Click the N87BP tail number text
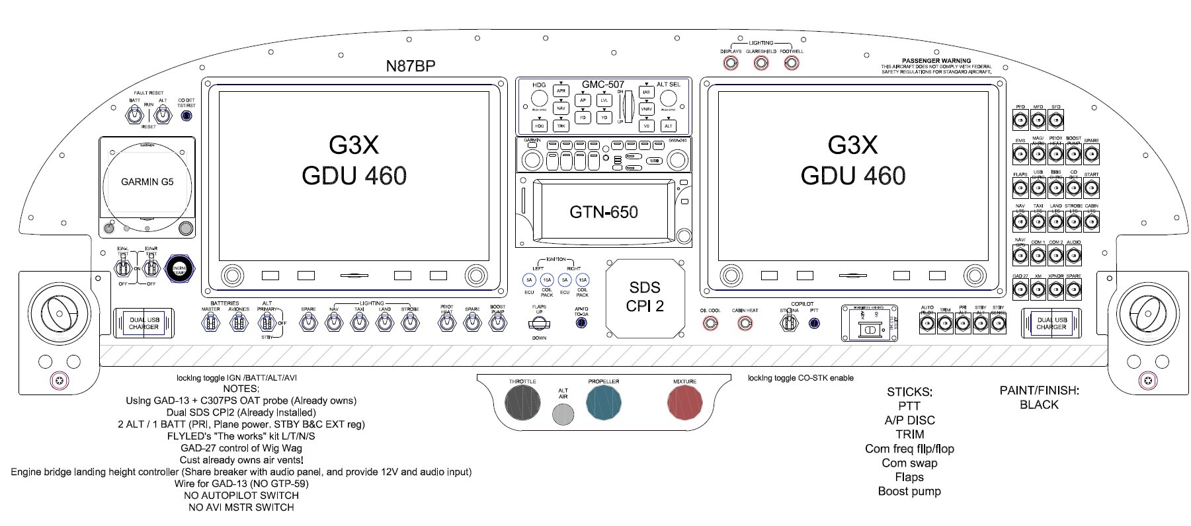[411, 65]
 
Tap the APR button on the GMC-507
[561, 91]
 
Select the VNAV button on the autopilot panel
[647, 108]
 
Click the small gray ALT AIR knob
[563, 414]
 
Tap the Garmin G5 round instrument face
[147, 182]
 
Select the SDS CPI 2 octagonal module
[645, 297]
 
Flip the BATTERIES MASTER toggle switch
[211, 323]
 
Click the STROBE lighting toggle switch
[410, 322]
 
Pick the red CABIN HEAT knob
[745, 323]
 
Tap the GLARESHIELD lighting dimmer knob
[761, 63]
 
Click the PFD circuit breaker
[1020, 121]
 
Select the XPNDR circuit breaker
[1056, 289]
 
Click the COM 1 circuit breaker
[1038, 255]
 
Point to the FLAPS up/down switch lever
[539, 323]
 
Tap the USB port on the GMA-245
[655, 161]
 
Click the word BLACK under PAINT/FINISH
[1039, 404]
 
